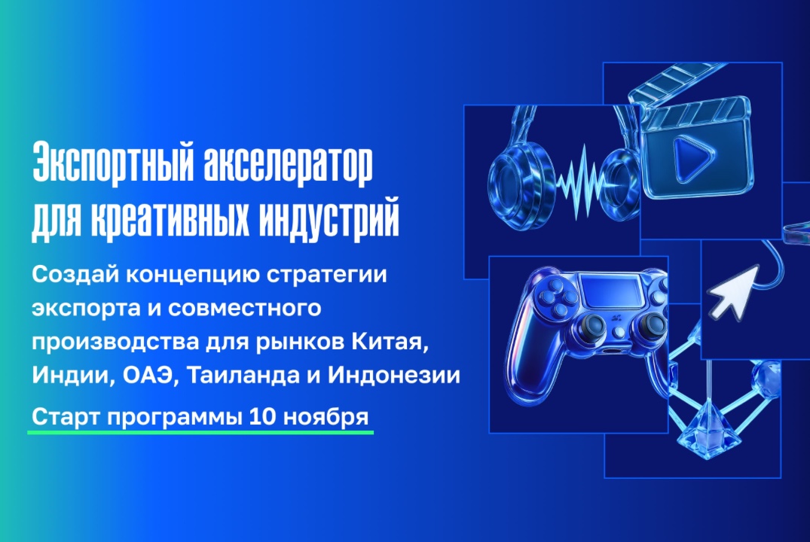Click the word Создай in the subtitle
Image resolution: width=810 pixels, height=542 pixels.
(65, 275)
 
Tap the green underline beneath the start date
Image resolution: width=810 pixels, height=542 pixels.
(200, 433)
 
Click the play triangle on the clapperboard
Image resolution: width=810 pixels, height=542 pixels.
(686, 157)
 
